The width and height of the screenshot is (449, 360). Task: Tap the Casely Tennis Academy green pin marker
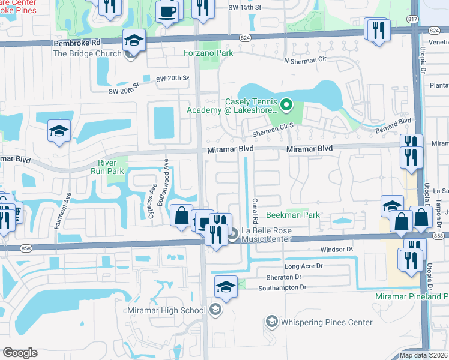tap(286, 106)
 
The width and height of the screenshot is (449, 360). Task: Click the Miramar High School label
tap(167, 310)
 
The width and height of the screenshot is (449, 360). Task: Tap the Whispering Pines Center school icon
tap(271, 322)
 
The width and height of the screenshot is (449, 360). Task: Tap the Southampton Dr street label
tap(282, 288)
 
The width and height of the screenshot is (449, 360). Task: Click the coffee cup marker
tap(167, 11)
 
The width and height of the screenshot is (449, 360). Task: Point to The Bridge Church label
tap(87, 53)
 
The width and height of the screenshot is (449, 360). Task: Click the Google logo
tap(20, 353)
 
